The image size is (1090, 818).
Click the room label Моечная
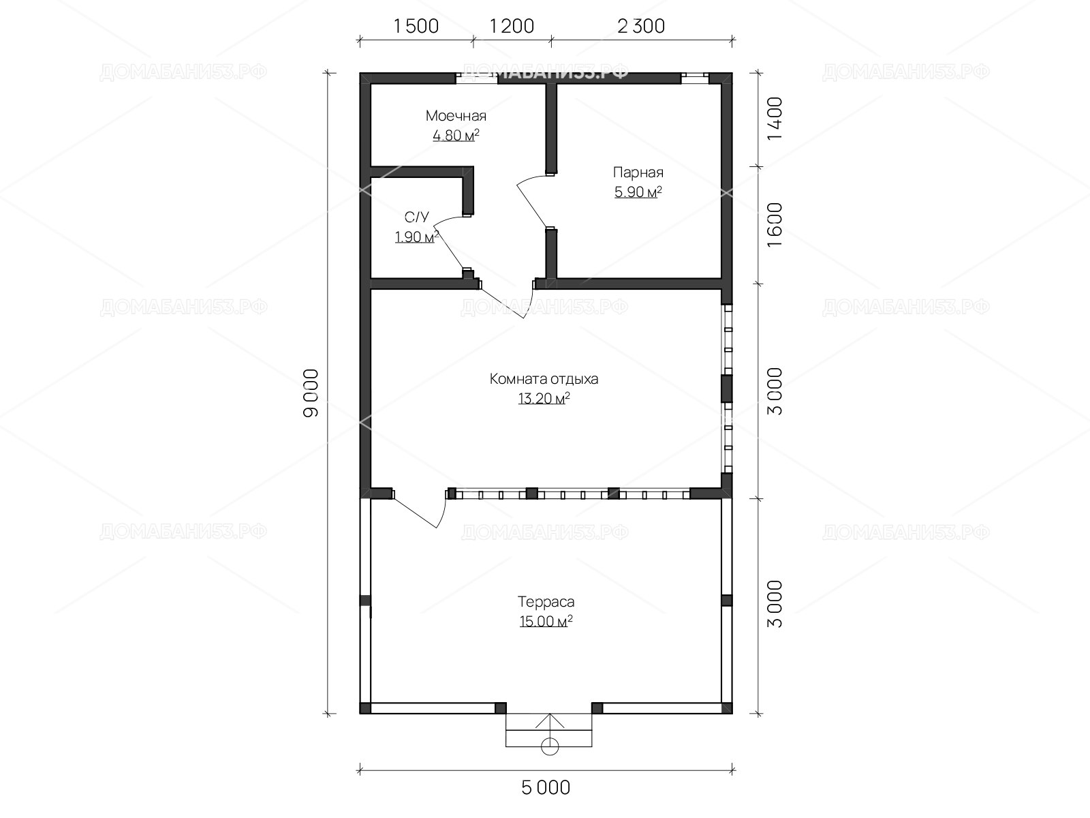456,116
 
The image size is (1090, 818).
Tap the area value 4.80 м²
456,135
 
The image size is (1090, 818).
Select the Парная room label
638,172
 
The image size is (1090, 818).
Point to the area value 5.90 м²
638,192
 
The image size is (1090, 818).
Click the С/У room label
417,217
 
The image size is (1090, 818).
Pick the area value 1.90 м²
417,237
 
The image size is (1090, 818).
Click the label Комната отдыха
544,379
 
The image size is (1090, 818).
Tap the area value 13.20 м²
544,398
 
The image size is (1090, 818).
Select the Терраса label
546,601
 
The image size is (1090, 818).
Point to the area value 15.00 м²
546,621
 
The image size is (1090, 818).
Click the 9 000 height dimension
311,393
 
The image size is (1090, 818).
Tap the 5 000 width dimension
546,787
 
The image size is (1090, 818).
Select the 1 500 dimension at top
416,27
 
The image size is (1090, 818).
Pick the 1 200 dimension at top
512,27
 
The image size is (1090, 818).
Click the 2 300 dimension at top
641,27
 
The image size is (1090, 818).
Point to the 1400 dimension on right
775,119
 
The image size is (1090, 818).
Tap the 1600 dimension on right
775,224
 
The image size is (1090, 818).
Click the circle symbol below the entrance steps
550,746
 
